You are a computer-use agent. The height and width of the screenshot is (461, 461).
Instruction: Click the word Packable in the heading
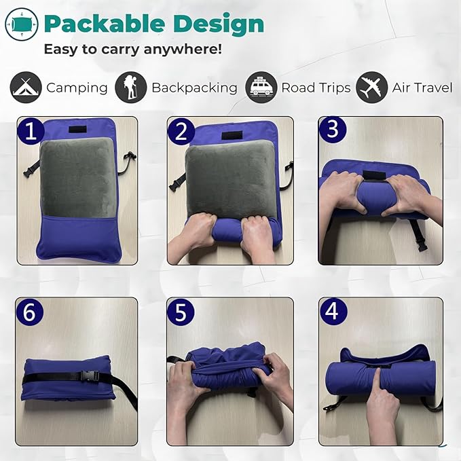105,24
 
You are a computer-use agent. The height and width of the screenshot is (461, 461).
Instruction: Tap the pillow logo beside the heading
22,24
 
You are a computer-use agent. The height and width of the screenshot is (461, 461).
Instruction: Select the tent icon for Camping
26,88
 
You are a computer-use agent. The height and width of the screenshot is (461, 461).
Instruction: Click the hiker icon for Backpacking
130,88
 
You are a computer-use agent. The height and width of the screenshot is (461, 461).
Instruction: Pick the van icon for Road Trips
261,88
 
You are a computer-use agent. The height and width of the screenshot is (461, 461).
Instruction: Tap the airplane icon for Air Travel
372,88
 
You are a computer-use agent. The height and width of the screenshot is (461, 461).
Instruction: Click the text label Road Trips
316,88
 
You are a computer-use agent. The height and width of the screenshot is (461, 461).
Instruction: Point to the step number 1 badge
31,130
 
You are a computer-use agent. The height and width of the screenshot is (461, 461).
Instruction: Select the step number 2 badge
181,131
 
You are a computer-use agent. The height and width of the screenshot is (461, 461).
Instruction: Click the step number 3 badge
333,130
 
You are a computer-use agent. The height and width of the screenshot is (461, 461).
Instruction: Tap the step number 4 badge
333,312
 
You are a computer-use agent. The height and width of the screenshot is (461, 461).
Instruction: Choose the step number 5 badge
181,312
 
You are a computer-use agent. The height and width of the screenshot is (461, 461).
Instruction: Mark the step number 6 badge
30,312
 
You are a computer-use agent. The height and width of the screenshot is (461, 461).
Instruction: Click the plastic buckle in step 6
90,376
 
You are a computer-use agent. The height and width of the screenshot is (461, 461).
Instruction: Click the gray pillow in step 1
77,178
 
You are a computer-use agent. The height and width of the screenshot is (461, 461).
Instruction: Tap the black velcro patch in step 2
232,136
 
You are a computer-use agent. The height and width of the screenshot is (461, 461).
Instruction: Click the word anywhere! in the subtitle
183,49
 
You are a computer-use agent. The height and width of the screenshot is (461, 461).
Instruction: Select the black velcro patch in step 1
77,130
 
